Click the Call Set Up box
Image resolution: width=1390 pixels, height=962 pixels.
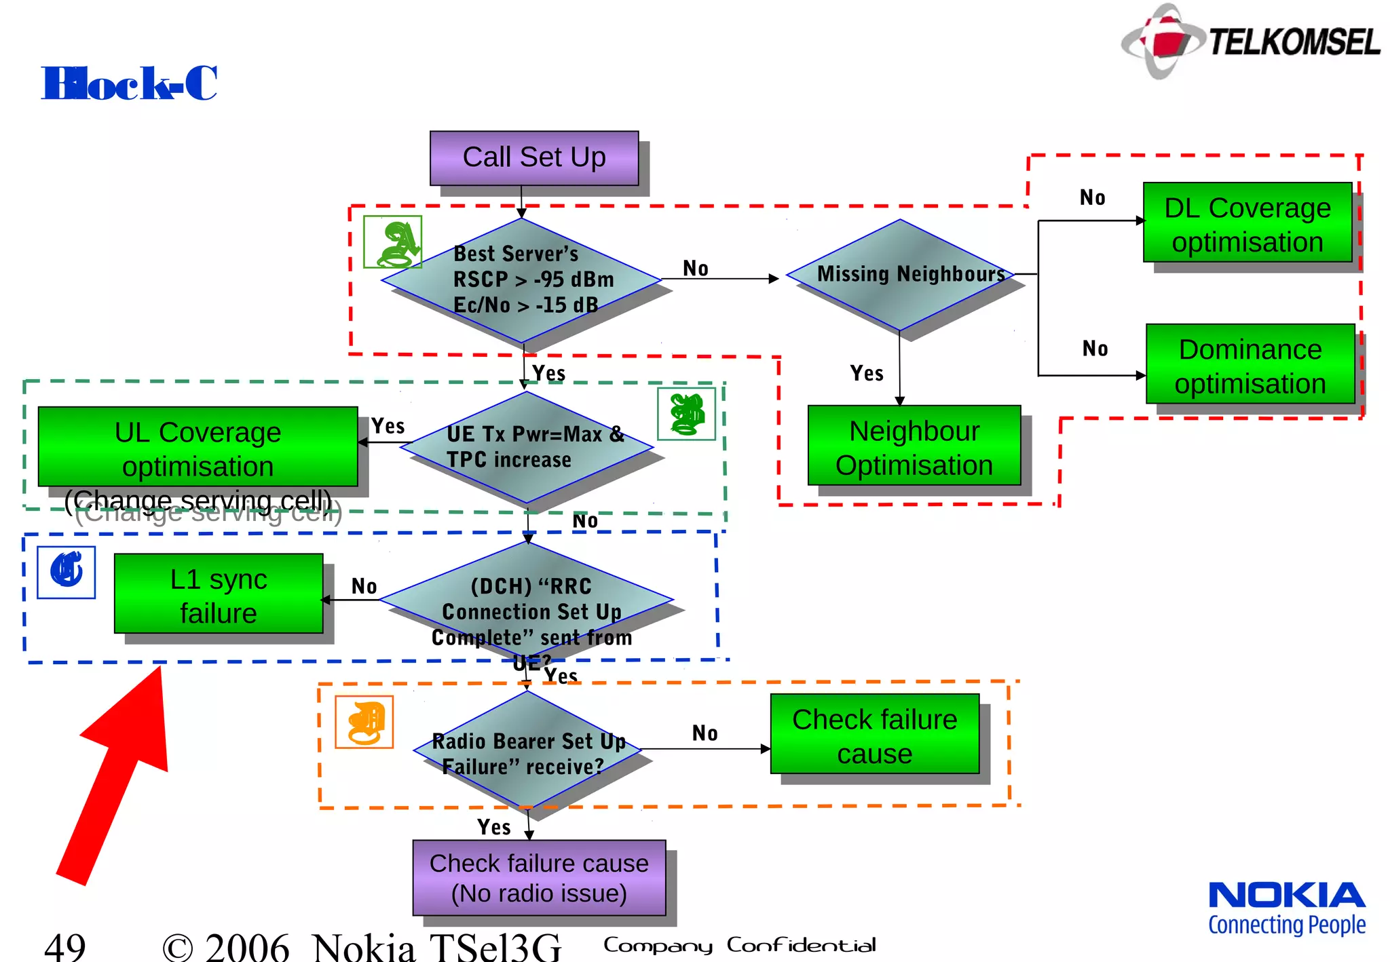(533, 158)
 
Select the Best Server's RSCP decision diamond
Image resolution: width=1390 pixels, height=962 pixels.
(521, 280)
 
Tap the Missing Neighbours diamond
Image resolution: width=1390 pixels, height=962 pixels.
(901, 275)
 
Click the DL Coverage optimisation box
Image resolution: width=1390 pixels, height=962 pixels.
(1247, 223)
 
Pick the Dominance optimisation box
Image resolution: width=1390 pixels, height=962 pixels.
(1250, 364)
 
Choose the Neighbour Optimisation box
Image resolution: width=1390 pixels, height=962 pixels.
(914, 446)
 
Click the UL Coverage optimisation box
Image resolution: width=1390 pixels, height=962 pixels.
(198, 446)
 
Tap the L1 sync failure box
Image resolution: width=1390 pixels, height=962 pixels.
(219, 594)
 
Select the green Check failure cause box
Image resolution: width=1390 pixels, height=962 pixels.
(874, 734)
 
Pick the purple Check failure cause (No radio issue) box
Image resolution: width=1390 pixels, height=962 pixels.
(539, 878)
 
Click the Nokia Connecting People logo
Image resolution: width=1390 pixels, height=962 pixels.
(1286, 908)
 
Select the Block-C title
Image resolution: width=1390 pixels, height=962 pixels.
(129, 83)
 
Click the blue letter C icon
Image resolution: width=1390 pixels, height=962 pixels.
(67, 573)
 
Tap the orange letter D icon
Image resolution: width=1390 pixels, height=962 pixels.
(364, 722)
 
